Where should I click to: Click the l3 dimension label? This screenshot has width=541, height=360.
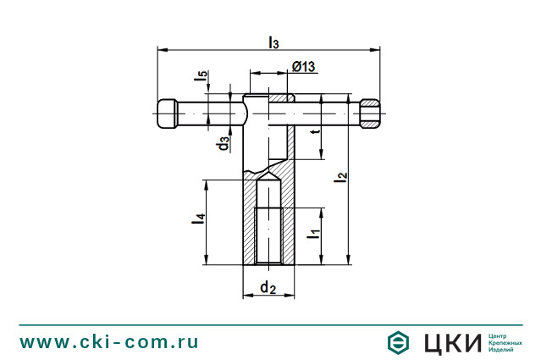273,43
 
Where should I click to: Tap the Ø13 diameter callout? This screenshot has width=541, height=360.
304,66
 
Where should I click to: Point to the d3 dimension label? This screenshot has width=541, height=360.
224,143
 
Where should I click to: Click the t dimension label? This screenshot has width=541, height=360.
315,131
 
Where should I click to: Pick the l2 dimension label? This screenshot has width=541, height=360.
341,177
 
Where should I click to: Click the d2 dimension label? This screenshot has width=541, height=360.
268,287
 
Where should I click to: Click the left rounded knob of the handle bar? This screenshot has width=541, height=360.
168,114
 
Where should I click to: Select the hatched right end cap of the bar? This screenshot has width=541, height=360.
370,114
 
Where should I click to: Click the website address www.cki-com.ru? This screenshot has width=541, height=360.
109,342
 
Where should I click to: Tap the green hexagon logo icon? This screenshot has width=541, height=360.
398,342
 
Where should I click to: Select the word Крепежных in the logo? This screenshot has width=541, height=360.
505,343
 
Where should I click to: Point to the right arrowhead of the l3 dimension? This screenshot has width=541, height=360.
375,50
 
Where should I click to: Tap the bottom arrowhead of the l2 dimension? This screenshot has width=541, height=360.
349,259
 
